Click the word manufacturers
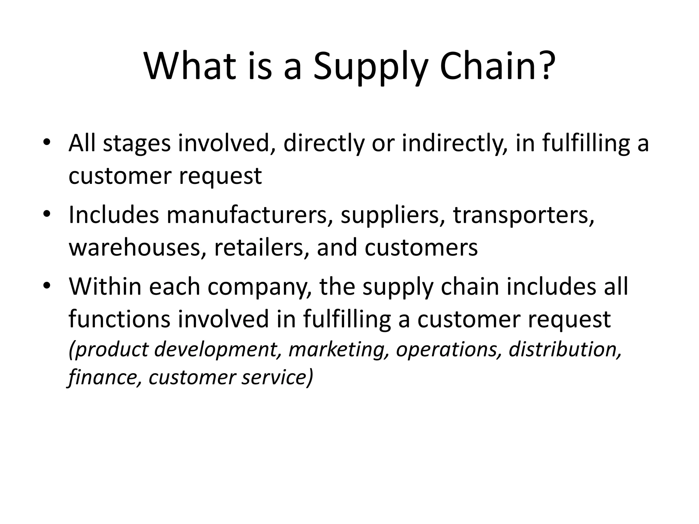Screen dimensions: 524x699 click(x=247, y=215)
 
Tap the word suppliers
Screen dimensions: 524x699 click(x=393, y=216)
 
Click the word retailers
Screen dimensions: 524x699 click(x=261, y=248)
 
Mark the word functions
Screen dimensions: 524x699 click(x=119, y=319)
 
